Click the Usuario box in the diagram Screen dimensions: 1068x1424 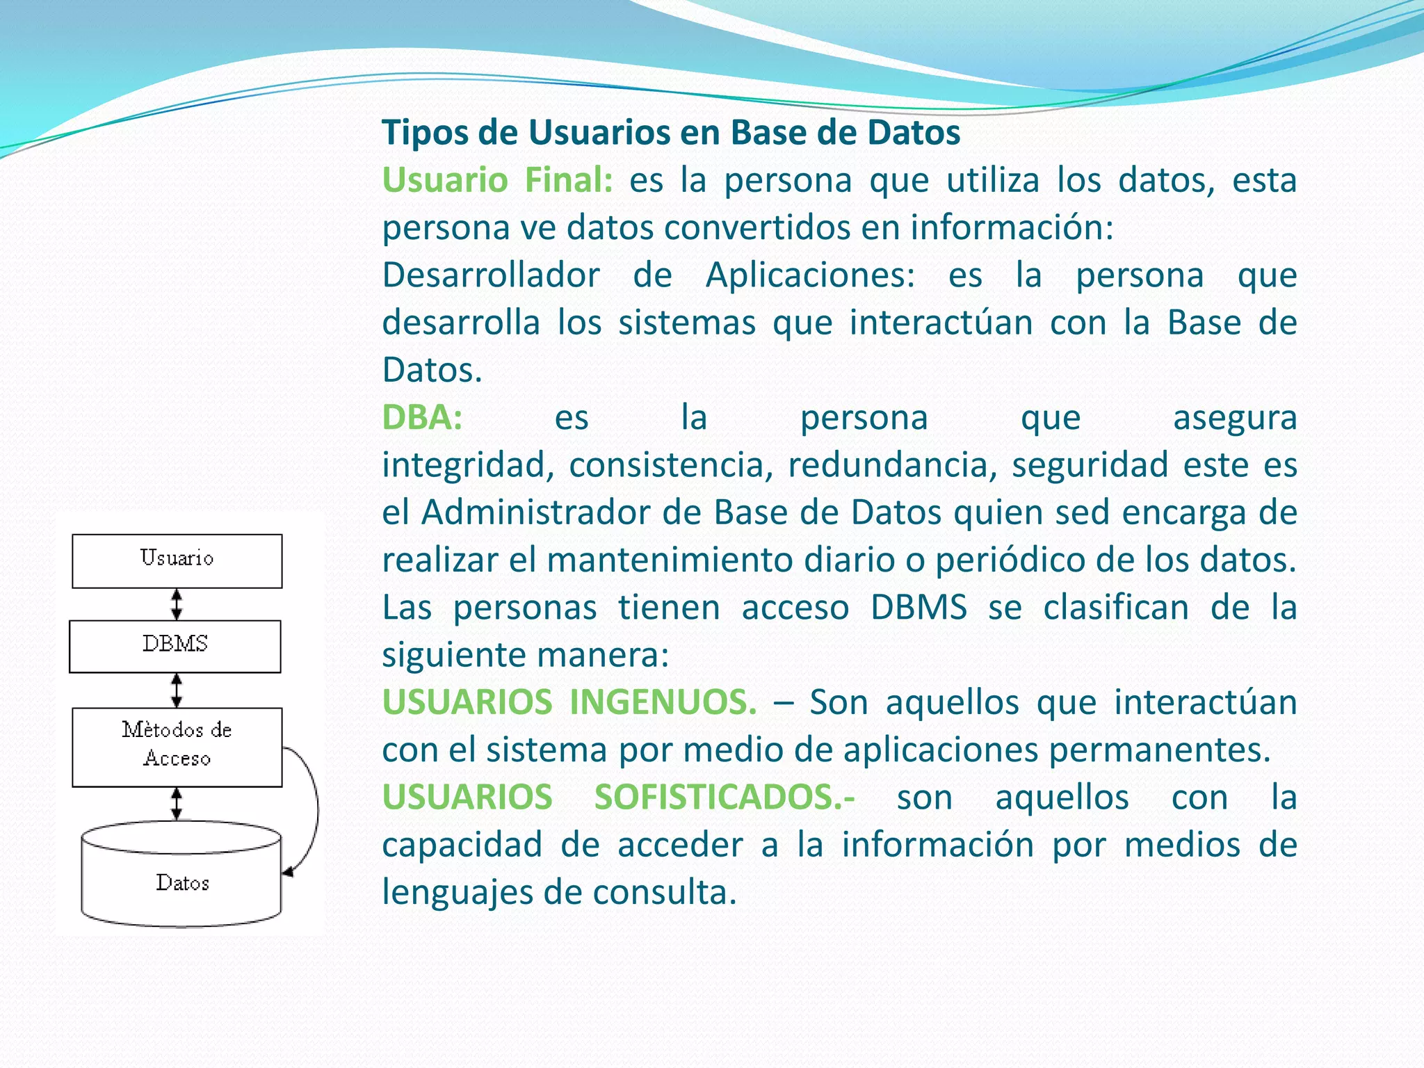pos(177,560)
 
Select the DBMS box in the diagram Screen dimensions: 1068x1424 pos(175,646)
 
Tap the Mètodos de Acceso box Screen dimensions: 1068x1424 pos(177,747)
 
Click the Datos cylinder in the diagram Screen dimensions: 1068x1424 pos(181,882)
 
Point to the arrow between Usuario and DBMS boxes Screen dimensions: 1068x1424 pos(177,604)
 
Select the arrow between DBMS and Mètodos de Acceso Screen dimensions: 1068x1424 pos(177,690)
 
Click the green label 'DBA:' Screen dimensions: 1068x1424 pos(422,418)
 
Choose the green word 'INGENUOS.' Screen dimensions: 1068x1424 pos(663,702)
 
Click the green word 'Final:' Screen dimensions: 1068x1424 pos(568,180)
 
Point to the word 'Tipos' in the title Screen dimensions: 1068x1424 pos(425,133)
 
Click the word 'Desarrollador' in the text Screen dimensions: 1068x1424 pos(491,275)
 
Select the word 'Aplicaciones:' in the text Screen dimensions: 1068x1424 pos(811,275)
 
